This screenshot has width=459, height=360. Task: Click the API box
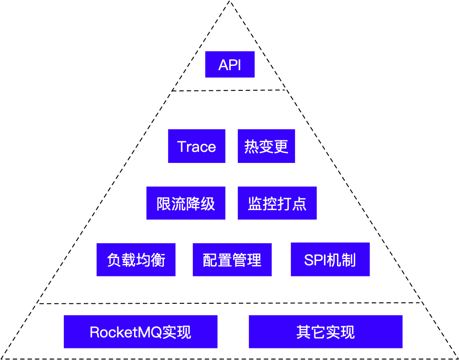tap(230, 64)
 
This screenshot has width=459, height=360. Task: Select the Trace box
tap(197, 146)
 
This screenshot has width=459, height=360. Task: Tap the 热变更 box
tap(266, 146)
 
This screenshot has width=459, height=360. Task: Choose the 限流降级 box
tap(186, 203)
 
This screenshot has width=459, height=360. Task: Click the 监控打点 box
tap(277, 203)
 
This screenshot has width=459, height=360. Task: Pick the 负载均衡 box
tap(136, 260)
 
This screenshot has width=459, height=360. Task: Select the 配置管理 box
tap(232, 260)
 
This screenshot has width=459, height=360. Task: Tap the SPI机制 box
tap(330, 260)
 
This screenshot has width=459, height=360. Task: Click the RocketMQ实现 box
tap(140, 332)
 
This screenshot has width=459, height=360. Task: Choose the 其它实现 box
tap(325, 332)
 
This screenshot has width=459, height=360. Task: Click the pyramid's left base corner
tap(2, 358)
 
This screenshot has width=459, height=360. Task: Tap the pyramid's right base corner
tap(457, 358)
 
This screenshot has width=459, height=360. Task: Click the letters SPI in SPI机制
tap(315, 260)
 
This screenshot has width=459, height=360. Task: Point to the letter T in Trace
tap(182, 147)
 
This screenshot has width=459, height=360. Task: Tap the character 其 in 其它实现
tap(304, 332)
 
